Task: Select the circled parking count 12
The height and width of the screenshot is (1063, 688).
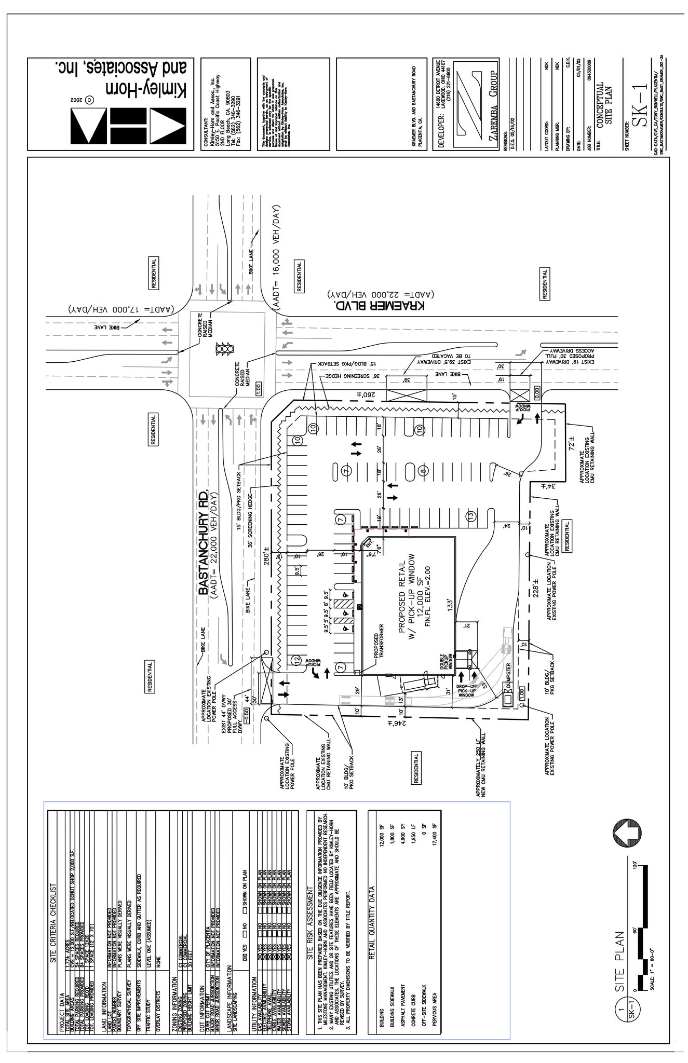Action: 296,660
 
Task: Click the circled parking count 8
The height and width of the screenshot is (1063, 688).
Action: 423,471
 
